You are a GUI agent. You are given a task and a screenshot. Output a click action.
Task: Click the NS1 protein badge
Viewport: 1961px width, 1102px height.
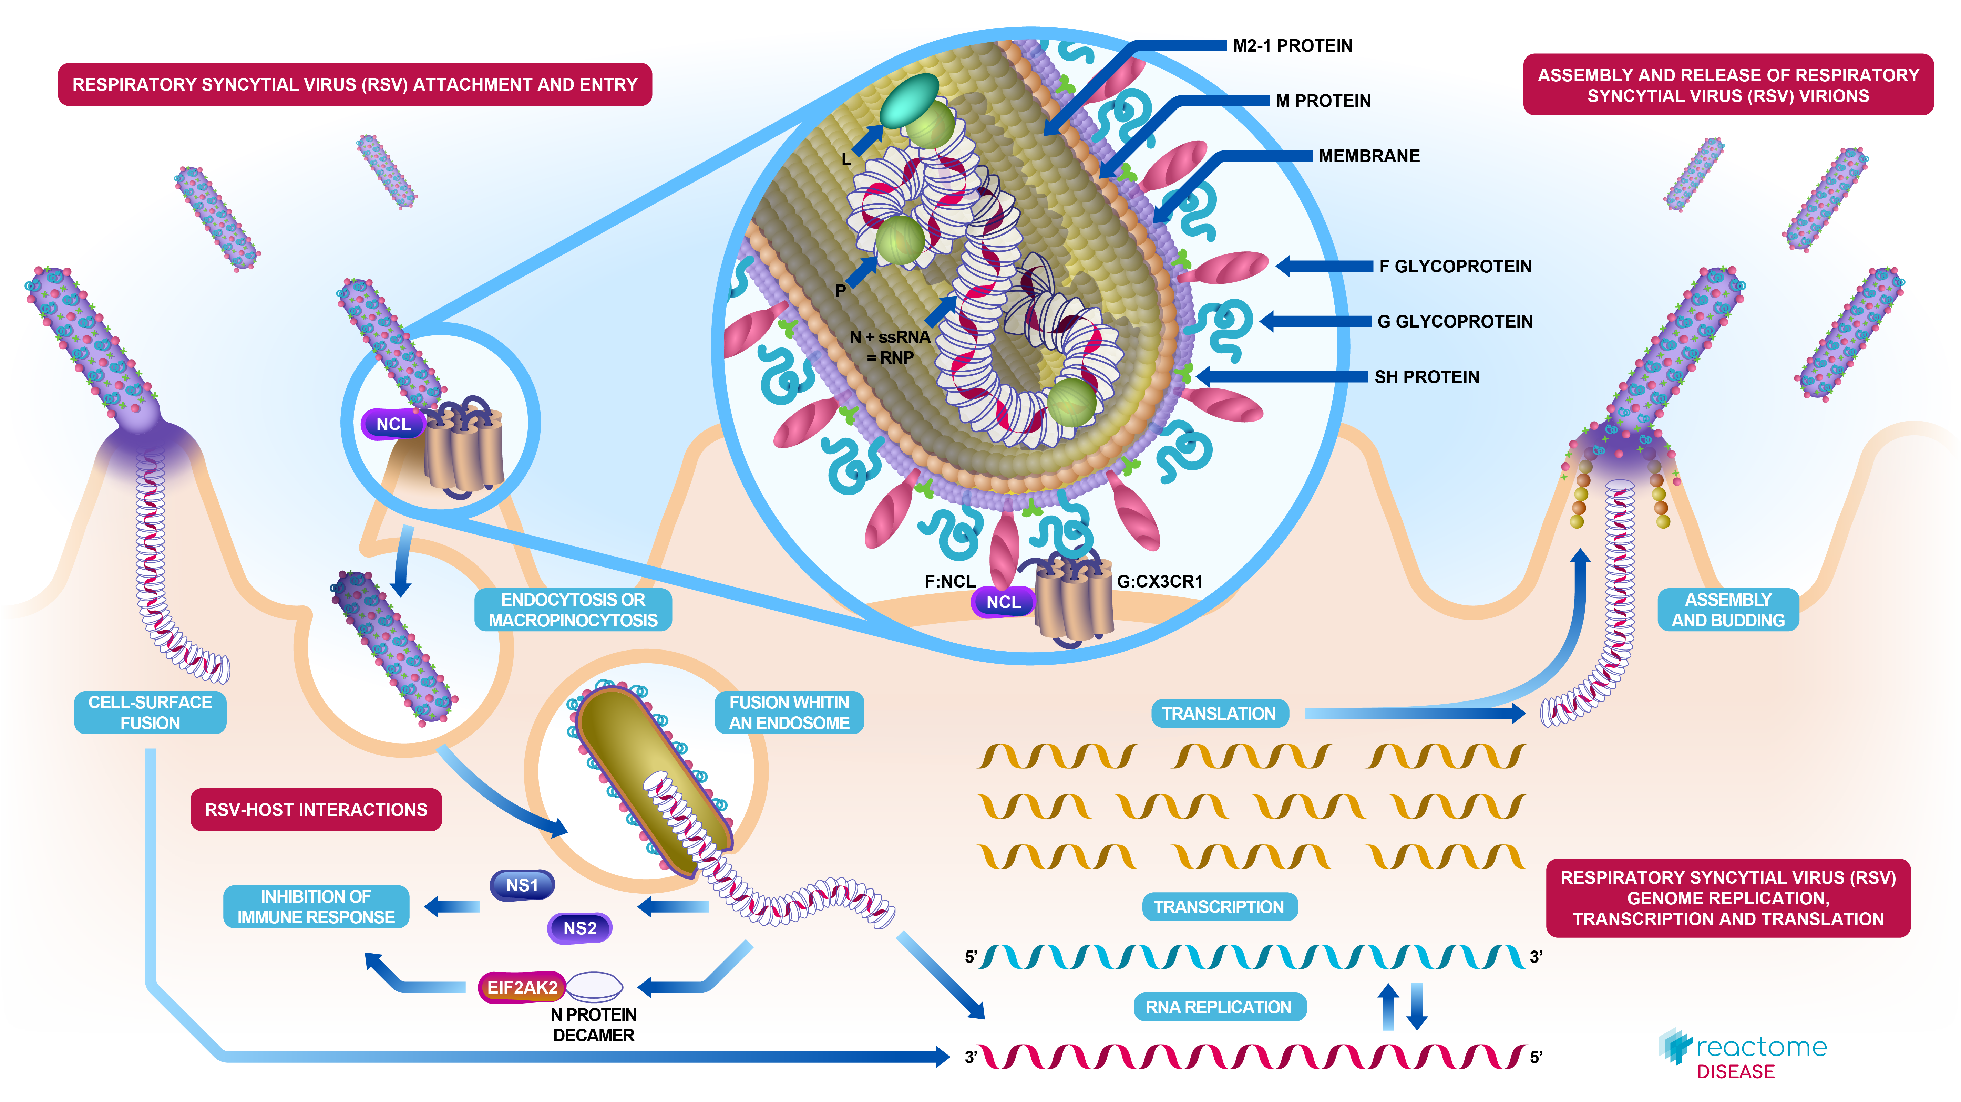[x=522, y=885]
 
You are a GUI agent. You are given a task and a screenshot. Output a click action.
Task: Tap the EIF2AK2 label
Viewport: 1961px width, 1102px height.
[x=522, y=987]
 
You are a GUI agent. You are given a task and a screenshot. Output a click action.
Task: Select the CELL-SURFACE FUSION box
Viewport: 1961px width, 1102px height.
[x=150, y=713]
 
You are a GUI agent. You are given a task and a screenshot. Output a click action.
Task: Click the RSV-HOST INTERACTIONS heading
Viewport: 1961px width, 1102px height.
[x=316, y=810]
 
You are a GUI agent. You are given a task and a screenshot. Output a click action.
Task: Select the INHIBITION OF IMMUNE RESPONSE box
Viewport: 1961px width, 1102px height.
[x=316, y=906]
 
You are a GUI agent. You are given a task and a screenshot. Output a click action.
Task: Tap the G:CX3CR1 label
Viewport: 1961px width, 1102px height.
[x=1159, y=581]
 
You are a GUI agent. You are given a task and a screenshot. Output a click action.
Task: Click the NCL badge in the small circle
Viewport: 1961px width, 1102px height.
[x=393, y=424]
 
